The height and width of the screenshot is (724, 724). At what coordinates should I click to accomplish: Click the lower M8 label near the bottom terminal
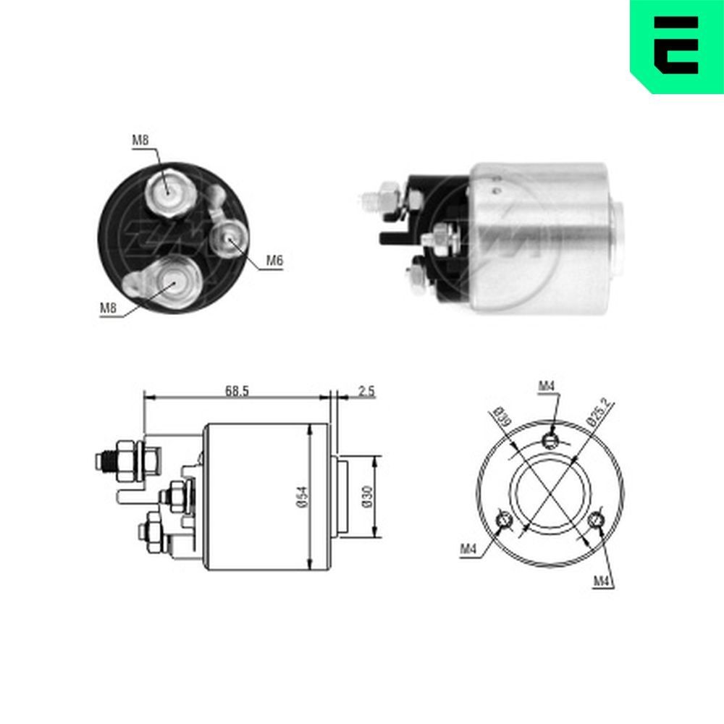[x=108, y=308]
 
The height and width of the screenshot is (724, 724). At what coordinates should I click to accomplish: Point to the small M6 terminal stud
[x=231, y=240]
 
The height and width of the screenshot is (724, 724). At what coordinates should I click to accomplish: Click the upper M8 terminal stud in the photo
[x=167, y=190]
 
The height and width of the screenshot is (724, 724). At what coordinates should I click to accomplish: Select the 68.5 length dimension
[x=236, y=391]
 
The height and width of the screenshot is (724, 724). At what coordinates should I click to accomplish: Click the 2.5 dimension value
[x=366, y=391]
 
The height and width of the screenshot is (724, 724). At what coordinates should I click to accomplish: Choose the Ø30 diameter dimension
[x=367, y=497]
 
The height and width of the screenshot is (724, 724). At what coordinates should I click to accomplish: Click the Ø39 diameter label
[x=500, y=417]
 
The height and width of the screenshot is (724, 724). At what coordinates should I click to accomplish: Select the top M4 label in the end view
[x=546, y=387]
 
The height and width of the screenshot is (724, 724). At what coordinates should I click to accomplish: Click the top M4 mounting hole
[x=550, y=439]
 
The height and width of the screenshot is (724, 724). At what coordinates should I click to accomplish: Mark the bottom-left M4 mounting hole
[x=504, y=520]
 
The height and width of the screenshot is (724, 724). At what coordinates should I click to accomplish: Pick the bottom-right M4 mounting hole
[x=597, y=520]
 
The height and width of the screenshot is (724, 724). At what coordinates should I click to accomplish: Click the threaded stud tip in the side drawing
[x=101, y=461]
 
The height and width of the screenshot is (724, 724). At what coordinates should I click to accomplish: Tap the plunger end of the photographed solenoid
[x=619, y=240]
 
